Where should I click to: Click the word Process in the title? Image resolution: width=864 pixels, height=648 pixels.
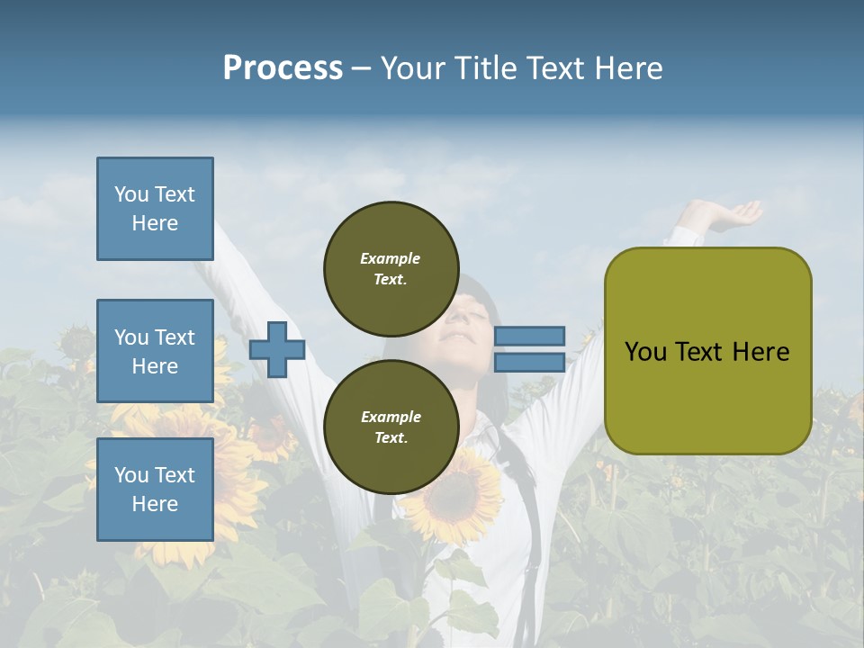coord(283,68)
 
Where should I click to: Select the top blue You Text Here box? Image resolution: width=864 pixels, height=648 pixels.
coord(155,209)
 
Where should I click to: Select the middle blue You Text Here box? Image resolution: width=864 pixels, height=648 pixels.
coord(155,351)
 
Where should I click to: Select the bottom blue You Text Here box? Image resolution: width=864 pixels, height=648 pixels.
coord(155,489)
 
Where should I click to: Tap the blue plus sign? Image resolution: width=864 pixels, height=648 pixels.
coord(277,349)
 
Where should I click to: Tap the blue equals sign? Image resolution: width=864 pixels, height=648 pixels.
coord(530,349)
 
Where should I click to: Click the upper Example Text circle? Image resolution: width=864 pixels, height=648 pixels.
coord(390,268)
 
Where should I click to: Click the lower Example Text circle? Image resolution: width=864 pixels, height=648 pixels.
coord(390,427)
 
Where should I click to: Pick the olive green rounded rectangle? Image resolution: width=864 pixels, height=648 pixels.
coord(707,350)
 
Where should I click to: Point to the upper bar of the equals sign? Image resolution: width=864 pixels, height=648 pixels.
coord(530,336)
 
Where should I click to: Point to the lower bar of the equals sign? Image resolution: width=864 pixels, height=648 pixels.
coord(530,362)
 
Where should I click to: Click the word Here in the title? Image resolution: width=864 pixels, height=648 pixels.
coord(630,68)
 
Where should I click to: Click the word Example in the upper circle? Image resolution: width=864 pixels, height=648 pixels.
coord(390,258)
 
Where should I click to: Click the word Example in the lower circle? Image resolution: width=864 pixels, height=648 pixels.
coord(390,417)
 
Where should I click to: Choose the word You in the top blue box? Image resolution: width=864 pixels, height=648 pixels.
coord(130,194)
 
